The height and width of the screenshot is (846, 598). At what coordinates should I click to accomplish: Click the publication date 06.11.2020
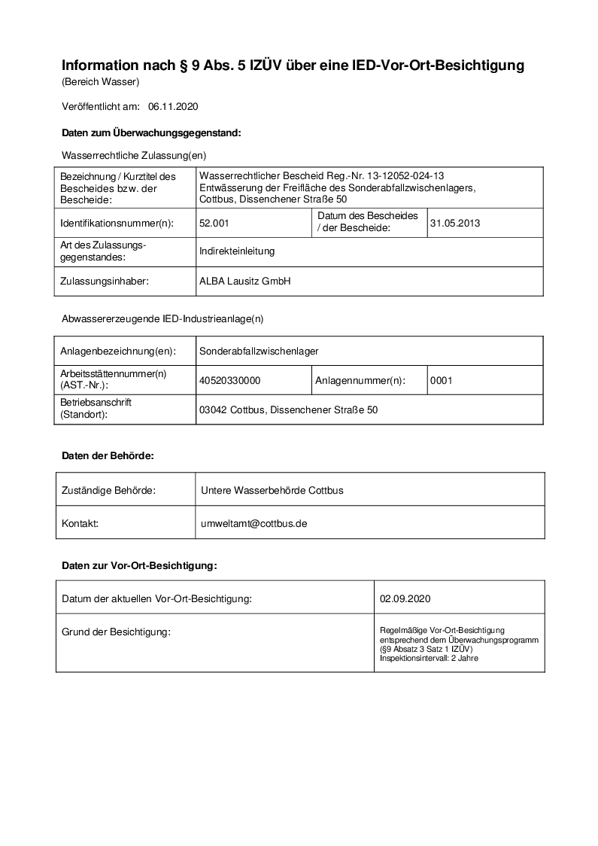point(173,107)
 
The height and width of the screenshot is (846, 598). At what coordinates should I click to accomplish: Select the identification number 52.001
point(214,223)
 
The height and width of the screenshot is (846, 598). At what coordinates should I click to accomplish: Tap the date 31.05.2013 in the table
point(455,223)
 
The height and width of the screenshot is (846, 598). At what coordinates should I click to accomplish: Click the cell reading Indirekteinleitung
point(237,251)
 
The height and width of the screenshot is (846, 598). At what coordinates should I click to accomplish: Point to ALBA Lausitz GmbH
point(244,281)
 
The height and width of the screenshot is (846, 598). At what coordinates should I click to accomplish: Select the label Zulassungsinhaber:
point(105,281)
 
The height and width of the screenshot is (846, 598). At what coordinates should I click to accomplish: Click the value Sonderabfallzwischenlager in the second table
point(259,351)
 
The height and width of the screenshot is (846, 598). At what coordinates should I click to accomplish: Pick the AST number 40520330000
point(230,381)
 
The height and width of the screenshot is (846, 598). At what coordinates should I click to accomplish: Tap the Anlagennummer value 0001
point(442,381)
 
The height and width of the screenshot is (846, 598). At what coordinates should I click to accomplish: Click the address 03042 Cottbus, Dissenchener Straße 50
point(288,410)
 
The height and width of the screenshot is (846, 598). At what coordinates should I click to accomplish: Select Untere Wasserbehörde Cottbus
point(272,491)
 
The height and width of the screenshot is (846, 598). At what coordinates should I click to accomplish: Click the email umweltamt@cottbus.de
point(254,522)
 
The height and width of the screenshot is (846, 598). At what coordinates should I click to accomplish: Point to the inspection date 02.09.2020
point(405,599)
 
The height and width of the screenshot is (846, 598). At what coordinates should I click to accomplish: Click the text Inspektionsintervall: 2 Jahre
point(429,659)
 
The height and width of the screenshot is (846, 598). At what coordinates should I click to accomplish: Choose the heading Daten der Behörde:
point(108,456)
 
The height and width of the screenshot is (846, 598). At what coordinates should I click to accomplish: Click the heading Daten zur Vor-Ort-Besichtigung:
point(139,565)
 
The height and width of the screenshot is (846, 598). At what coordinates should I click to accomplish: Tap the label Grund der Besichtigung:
point(116,631)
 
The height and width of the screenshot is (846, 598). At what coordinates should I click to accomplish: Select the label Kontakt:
point(80,522)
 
